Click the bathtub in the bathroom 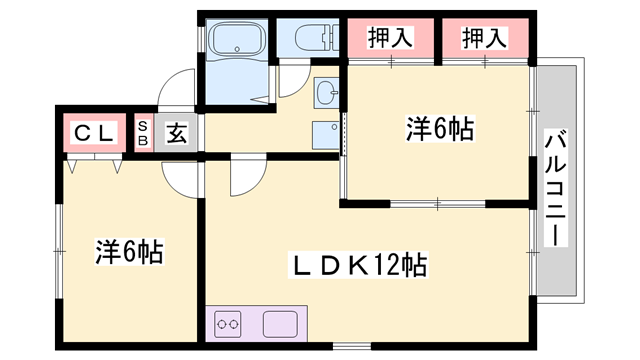click(x=237, y=38)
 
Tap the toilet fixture click(x=316, y=38)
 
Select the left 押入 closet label click(x=390, y=38)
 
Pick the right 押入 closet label click(x=484, y=38)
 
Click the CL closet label click(x=93, y=133)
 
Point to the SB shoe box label click(x=143, y=133)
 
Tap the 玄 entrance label click(x=176, y=133)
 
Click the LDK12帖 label click(x=358, y=265)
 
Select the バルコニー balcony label click(x=556, y=188)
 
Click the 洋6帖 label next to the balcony click(x=440, y=129)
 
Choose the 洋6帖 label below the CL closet click(x=129, y=251)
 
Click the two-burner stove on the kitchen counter click(x=227, y=324)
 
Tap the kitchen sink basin click(x=280, y=324)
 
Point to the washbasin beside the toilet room click(x=327, y=93)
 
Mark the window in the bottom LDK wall click(x=352, y=347)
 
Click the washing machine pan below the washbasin click(x=326, y=135)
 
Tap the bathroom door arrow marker click(x=260, y=99)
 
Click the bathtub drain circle click(x=237, y=49)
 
